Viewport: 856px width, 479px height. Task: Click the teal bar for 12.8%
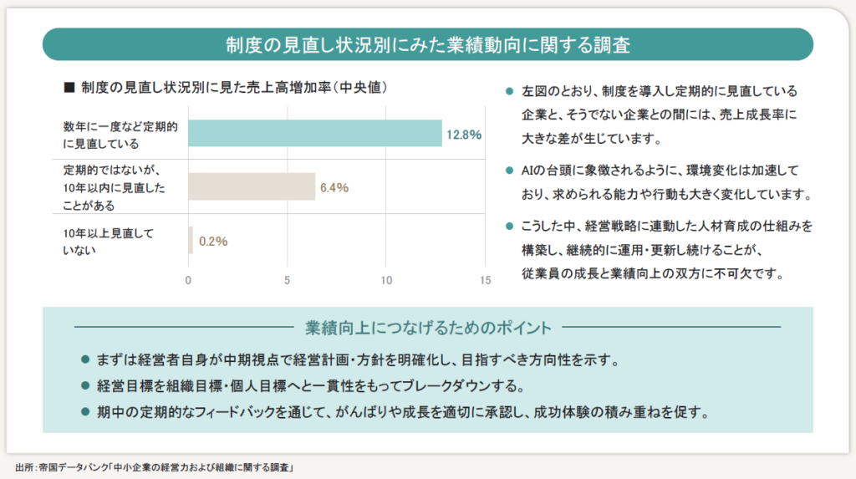coord(314,134)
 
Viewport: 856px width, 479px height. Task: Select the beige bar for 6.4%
coord(251,186)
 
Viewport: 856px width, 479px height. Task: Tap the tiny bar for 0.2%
coord(191,241)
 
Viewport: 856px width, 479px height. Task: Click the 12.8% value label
coord(464,135)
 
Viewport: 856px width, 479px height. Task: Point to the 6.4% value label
coord(334,187)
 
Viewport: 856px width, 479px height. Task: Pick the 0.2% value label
coord(212,242)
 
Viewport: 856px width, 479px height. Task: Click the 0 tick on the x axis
coord(188,281)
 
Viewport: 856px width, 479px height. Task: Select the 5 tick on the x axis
coord(288,281)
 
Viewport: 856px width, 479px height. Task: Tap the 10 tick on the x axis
coord(386,281)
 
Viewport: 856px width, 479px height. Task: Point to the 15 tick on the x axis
coord(485,281)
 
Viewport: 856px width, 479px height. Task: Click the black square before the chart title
coord(69,87)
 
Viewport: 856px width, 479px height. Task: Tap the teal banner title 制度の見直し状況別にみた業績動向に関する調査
coord(427,44)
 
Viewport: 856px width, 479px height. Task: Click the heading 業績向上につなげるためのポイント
coord(428,326)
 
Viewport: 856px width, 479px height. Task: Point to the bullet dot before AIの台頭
coord(508,171)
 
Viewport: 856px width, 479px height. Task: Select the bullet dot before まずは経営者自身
coord(84,360)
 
